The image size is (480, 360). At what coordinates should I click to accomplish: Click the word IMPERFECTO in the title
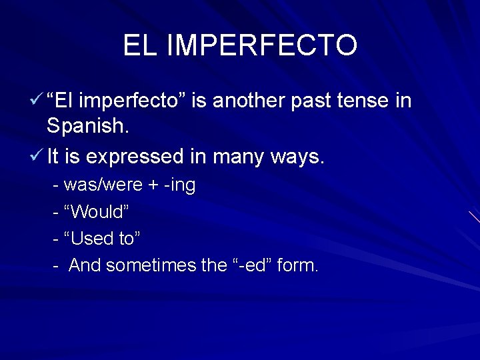click(x=261, y=45)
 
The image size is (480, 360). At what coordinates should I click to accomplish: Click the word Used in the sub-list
click(x=91, y=239)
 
